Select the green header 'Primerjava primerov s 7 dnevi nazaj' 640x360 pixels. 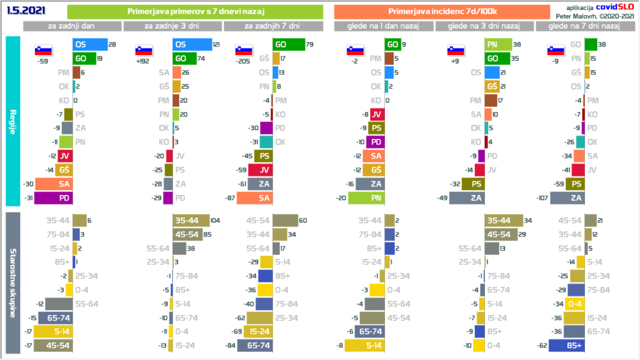[x=194, y=11]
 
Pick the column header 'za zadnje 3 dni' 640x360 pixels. [x=173, y=26]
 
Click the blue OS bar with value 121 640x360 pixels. [x=192, y=45]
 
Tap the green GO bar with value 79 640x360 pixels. [x=288, y=45]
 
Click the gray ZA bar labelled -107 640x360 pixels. [x=566, y=198]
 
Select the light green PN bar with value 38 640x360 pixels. [x=495, y=45]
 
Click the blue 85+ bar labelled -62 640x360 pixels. [x=566, y=345]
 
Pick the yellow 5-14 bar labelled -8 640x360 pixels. [x=364, y=345]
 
